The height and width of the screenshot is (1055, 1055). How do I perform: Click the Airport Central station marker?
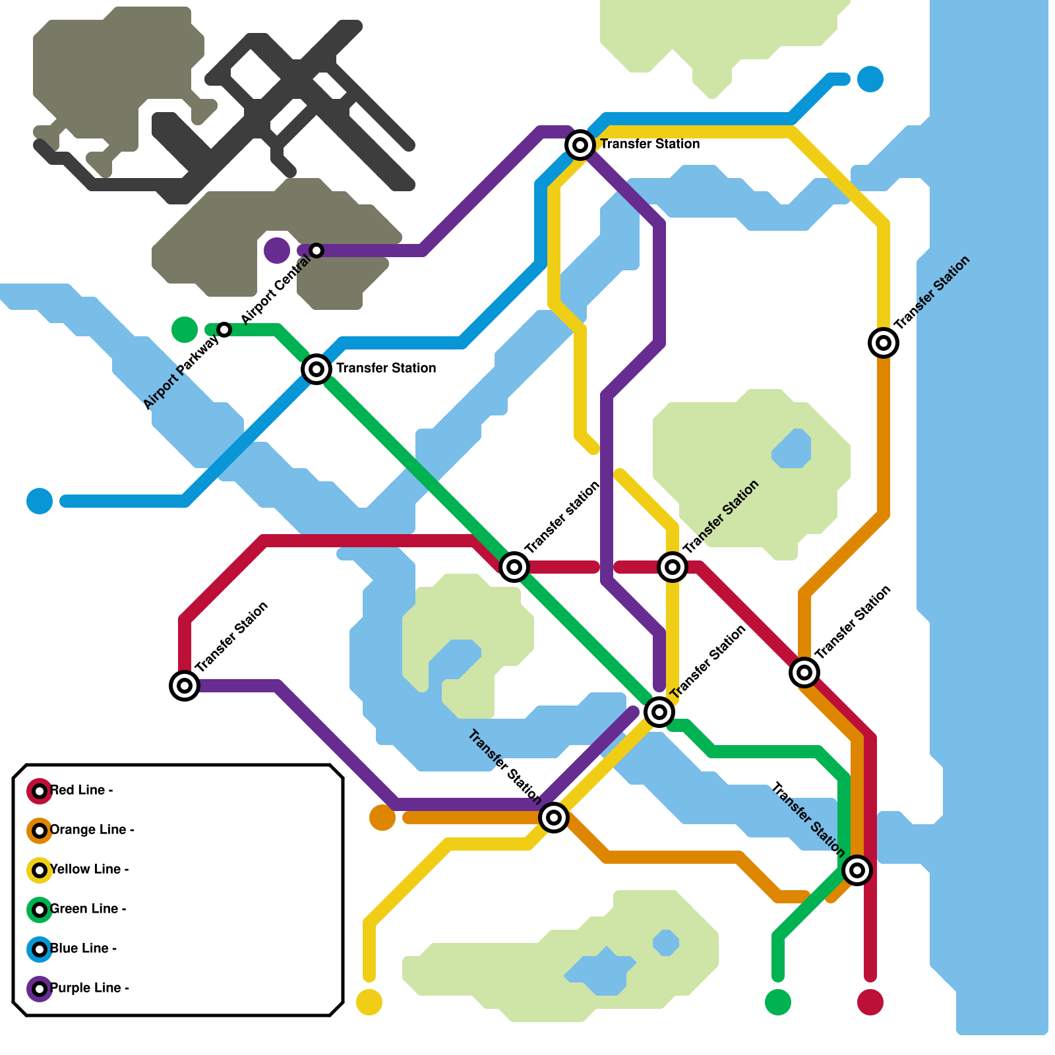click(316, 251)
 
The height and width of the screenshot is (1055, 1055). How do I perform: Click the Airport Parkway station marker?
click(224, 330)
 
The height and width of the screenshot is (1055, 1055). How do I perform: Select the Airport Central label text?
click(276, 290)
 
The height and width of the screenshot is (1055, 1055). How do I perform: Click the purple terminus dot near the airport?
click(277, 251)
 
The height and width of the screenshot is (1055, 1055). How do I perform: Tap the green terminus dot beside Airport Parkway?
click(185, 330)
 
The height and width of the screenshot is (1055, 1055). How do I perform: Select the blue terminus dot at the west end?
click(40, 501)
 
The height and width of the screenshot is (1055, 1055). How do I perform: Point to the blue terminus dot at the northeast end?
click(870, 79)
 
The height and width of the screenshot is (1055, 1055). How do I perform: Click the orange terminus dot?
click(382, 818)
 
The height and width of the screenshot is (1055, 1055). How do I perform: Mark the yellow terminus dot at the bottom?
click(369, 1002)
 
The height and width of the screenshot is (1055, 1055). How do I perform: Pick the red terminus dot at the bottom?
click(870, 1002)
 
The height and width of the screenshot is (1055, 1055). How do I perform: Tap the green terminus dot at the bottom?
click(778, 1002)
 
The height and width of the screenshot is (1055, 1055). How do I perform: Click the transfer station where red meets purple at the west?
click(185, 686)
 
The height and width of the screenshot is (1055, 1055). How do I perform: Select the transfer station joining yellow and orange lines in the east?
click(884, 343)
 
